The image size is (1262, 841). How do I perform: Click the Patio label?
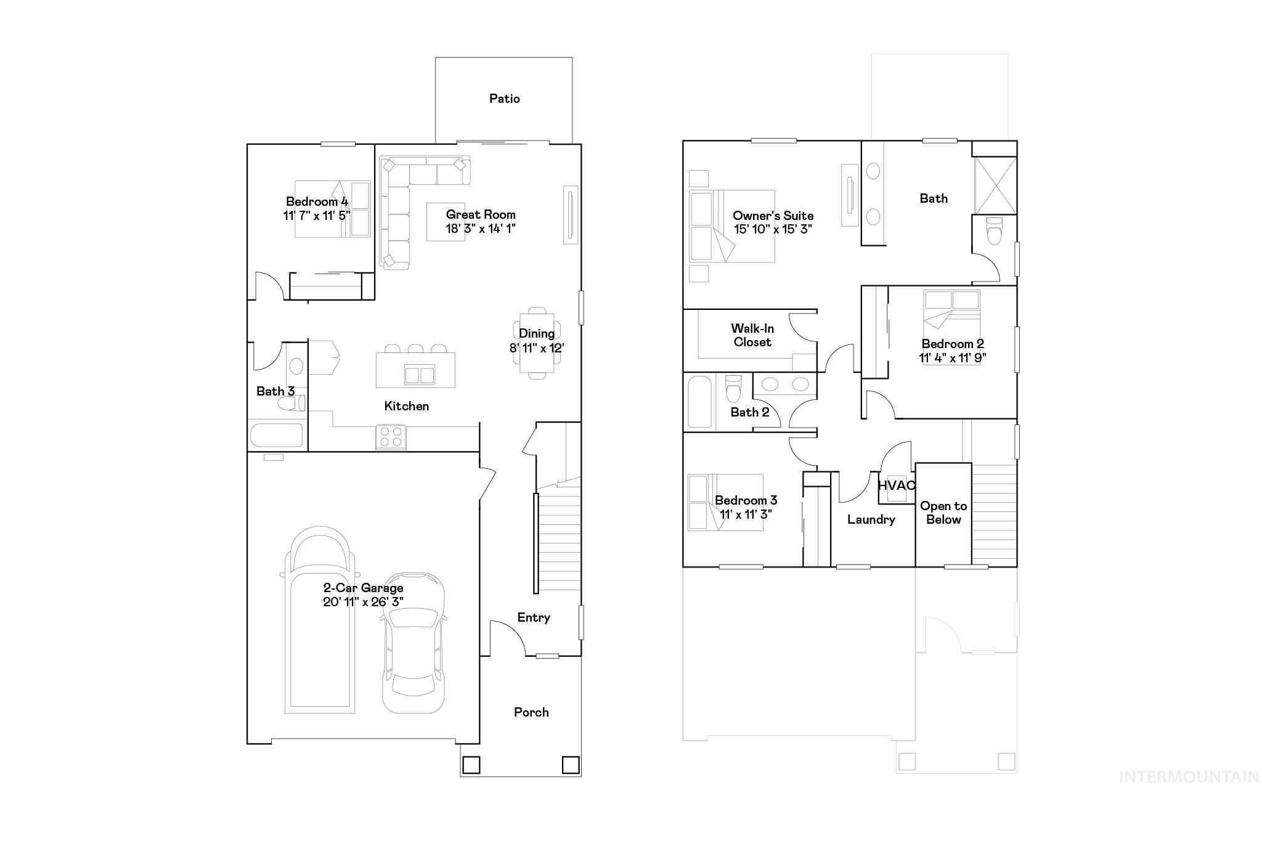[504, 99]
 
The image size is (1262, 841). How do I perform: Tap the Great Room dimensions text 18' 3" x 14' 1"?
[481, 229]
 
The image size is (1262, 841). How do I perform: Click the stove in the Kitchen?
[390, 437]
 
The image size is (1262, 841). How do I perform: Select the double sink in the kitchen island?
[419, 374]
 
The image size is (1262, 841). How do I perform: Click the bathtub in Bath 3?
[277, 435]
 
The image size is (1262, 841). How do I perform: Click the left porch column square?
[471, 765]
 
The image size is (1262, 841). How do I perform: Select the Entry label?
[533, 617]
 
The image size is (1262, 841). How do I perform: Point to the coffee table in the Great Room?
[445, 222]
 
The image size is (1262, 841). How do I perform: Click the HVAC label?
[896, 486]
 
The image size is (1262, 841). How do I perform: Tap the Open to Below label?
[943, 513]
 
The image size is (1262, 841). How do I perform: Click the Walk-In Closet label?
[752, 335]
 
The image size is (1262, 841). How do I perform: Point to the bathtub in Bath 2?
[699, 402]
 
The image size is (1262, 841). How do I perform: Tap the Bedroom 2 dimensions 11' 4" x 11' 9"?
[953, 358]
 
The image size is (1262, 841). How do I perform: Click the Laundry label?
[871, 519]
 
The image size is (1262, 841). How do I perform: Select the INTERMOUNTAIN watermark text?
[1189, 778]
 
